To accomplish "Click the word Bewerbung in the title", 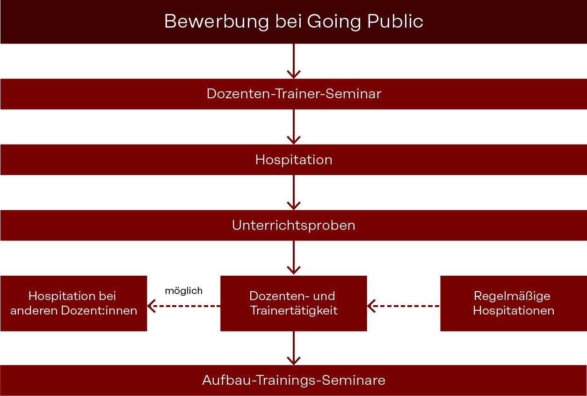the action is (217, 22).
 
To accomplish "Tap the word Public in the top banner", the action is (395, 21).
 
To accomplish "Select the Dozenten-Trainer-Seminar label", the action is (294, 94).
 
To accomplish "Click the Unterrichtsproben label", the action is (294, 226).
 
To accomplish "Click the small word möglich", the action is (184, 291).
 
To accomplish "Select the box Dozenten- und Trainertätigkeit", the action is (294, 303).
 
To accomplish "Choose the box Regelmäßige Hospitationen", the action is (514, 303).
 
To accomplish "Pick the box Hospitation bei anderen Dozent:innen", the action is (73, 303).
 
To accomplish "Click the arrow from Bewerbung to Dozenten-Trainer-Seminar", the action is (294, 61).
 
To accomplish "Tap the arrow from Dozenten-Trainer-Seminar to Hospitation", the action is (294, 127).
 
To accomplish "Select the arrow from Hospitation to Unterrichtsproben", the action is (294, 192).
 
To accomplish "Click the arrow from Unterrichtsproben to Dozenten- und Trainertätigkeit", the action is (294, 257).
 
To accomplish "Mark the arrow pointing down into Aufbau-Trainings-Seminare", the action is (294, 348).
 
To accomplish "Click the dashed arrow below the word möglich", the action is (184, 306).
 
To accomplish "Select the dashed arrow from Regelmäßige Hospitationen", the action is (404, 306).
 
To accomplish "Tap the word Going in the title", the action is (334, 22).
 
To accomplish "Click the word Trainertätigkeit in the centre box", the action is (294, 311).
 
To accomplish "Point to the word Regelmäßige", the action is (512, 297).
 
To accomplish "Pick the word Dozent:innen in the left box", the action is (99, 311).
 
